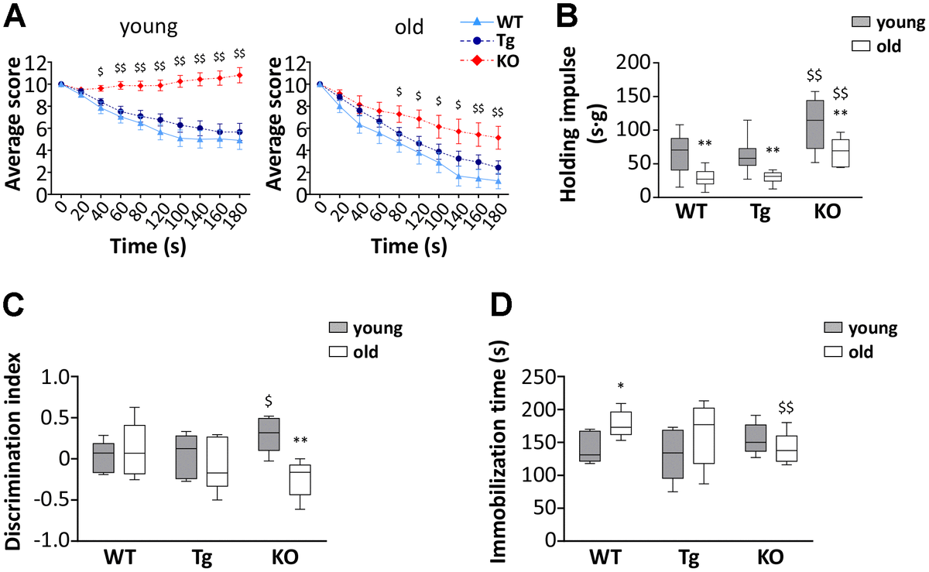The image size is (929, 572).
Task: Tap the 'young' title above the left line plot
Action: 149,28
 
